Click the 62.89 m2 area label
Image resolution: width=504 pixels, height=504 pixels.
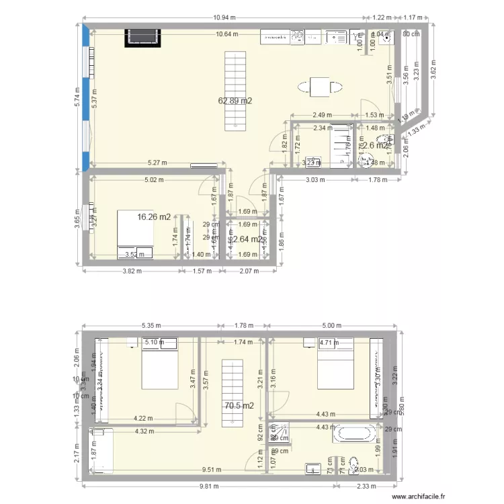[235, 101]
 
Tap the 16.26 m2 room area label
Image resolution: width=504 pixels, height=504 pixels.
[154, 217]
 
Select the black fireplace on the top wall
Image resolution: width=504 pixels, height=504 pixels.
[142, 38]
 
